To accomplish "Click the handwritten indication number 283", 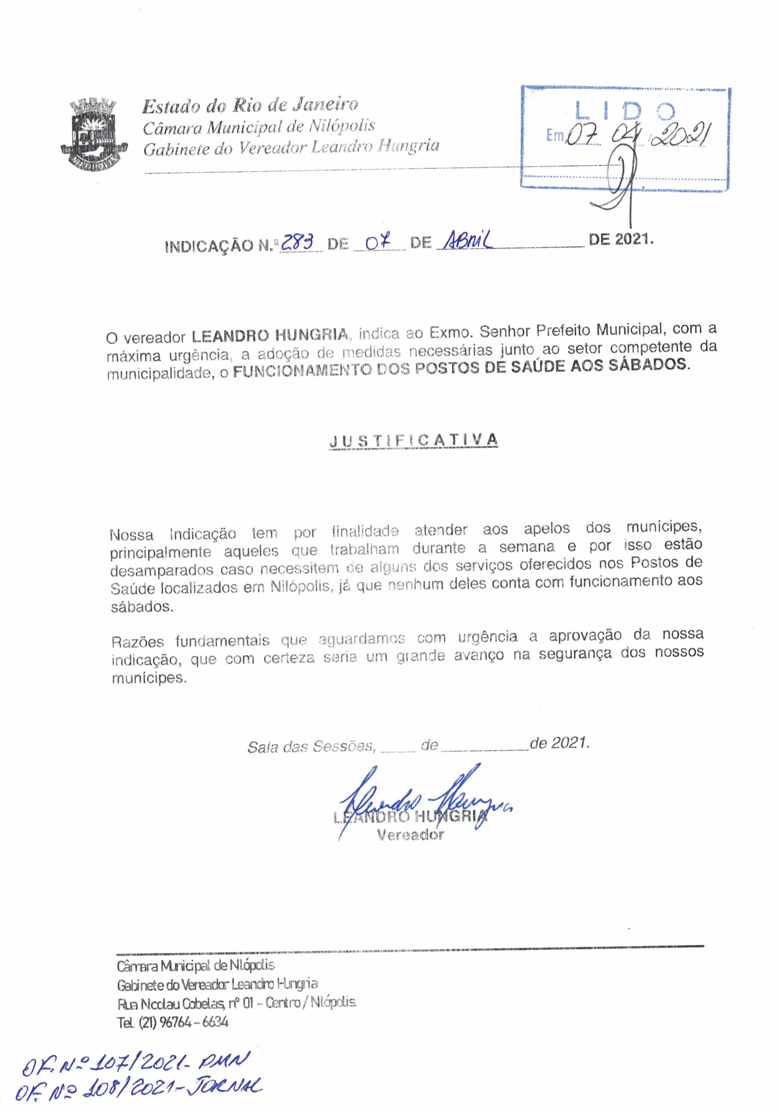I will [300, 241].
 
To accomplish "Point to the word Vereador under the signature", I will [410, 835].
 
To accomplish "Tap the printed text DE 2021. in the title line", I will [620, 240].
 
